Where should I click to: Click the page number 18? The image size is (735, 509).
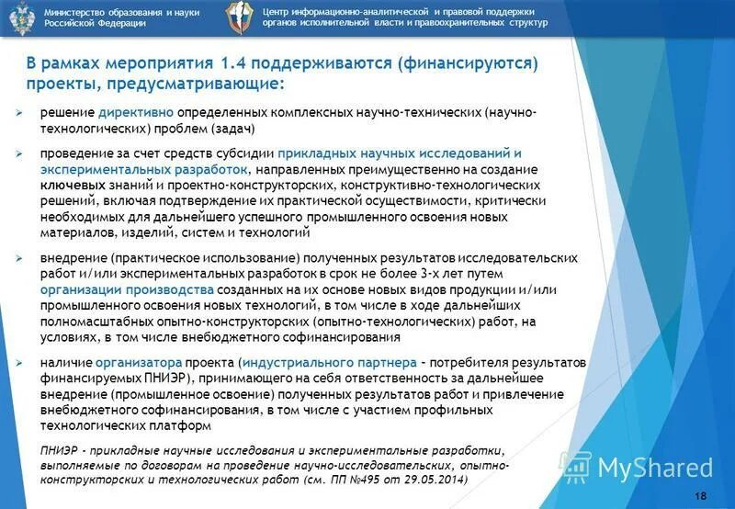point(701,496)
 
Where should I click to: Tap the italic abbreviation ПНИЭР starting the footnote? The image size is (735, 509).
point(61,451)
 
